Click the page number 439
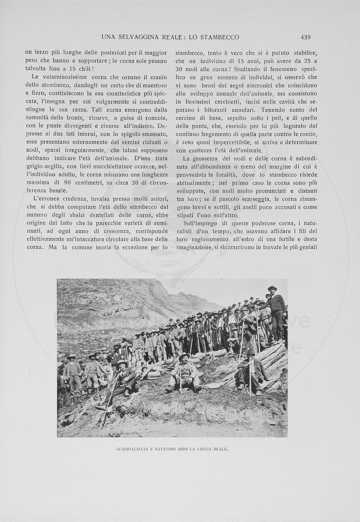tap(305, 37)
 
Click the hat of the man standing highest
tap(272, 288)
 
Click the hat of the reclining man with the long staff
tap(122, 362)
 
